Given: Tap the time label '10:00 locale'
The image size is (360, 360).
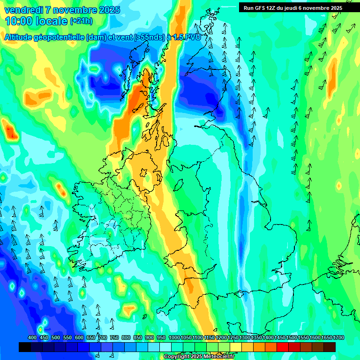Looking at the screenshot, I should pos(37,21).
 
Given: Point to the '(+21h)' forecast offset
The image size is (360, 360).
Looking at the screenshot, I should pos(81,21).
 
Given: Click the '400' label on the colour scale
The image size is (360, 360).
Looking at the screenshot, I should pos(32,338).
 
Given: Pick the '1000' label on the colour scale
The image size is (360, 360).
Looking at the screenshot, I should pos(174,338).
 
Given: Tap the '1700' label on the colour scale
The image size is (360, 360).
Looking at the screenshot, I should pos(327,338).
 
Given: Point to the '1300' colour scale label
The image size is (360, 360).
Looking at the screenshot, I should pos(245,338).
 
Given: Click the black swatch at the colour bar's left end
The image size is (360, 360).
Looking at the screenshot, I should pos(25,347).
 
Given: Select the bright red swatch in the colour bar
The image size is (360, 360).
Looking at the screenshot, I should pos(283,347).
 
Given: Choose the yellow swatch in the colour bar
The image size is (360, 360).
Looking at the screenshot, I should pos(236,347).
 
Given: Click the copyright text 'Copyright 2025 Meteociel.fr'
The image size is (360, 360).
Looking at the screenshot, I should pos(199,356).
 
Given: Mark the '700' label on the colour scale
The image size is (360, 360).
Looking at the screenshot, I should pos(103,338).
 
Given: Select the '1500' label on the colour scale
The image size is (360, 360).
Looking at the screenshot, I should pos(292,338).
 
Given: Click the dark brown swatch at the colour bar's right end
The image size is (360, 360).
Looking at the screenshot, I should pos(330,347).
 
